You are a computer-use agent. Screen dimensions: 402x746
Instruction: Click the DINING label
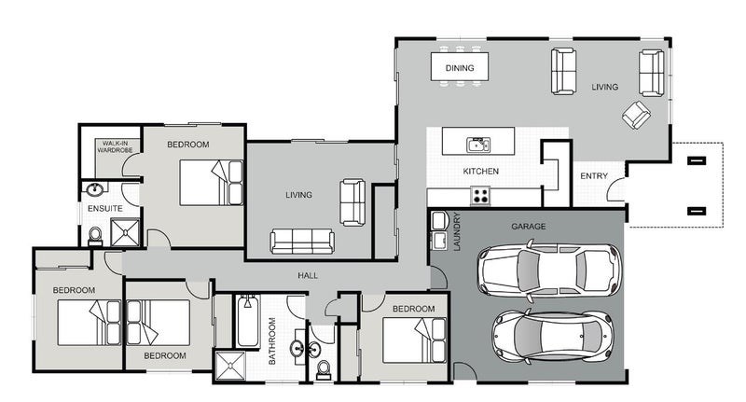[460, 68]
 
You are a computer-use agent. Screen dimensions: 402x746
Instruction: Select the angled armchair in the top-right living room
[638, 116]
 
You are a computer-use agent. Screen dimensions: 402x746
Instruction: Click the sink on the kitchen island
[477, 144]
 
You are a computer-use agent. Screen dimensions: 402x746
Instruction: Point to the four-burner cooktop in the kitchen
[481, 196]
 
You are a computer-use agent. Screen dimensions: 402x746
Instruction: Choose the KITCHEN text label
[481, 172]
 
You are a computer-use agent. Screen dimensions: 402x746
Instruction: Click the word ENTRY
[594, 176]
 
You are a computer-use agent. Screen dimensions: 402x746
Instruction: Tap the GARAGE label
[529, 227]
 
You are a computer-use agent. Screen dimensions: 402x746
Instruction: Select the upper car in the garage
[547, 270]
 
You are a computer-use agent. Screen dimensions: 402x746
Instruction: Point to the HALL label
[308, 276]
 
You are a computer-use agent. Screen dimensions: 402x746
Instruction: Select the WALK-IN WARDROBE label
[117, 146]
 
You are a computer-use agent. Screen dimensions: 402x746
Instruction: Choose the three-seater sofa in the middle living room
[302, 242]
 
